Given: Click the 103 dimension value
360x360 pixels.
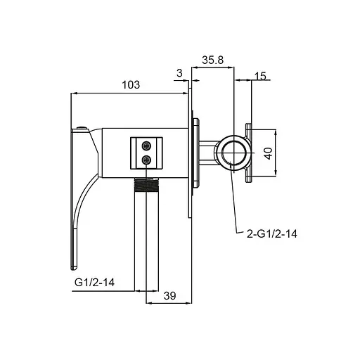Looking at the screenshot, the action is click(131, 84).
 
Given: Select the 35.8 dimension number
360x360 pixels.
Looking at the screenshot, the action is click(213, 60).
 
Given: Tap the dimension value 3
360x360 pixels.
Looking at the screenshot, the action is click(179, 73).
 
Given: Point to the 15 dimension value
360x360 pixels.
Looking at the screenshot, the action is click(260, 76).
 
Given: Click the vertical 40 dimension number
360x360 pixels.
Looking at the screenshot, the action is click(269, 153).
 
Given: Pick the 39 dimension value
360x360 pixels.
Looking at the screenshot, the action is click(169, 296).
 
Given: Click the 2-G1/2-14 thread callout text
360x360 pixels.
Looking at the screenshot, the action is click(272, 234).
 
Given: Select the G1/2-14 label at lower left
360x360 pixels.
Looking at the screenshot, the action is click(94, 282).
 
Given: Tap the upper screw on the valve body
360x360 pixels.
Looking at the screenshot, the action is click(146, 146).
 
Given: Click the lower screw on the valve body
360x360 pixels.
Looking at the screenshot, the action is click(146, 160).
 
